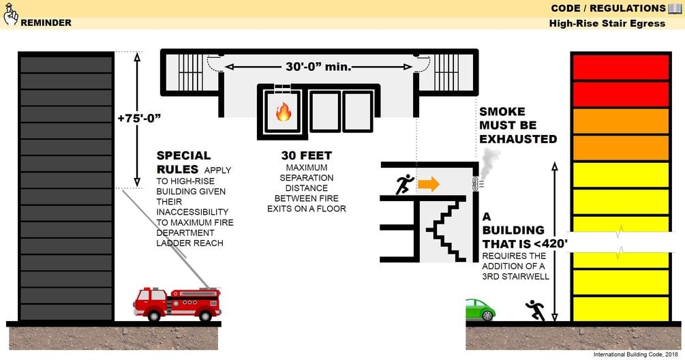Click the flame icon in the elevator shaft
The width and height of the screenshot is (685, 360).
tap(283, 111)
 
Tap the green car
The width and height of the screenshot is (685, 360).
tap(480, 310)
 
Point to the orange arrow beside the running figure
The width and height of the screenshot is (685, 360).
tap(429, 184)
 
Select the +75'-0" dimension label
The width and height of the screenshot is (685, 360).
tap(139, 118)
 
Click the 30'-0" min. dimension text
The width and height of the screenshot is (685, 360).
tap(318, 67)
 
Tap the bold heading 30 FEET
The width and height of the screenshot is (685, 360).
tap(306, 155)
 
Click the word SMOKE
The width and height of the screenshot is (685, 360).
tap(502, 111)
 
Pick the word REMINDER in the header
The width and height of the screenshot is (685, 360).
tap(46, 22)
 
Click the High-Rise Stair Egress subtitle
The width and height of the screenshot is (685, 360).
tap(607, 24)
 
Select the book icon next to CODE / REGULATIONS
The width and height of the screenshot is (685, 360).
tap(675, 8)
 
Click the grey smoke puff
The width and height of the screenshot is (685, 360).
tap(490, 164)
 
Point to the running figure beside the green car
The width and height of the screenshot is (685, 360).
tap(536, 310)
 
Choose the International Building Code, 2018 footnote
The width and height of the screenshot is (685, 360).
tap(635, 355)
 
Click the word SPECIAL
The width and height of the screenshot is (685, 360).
tap(183, 155)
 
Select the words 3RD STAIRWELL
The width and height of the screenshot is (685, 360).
tap(515, 276)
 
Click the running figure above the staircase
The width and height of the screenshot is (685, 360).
tap(405, 184)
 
